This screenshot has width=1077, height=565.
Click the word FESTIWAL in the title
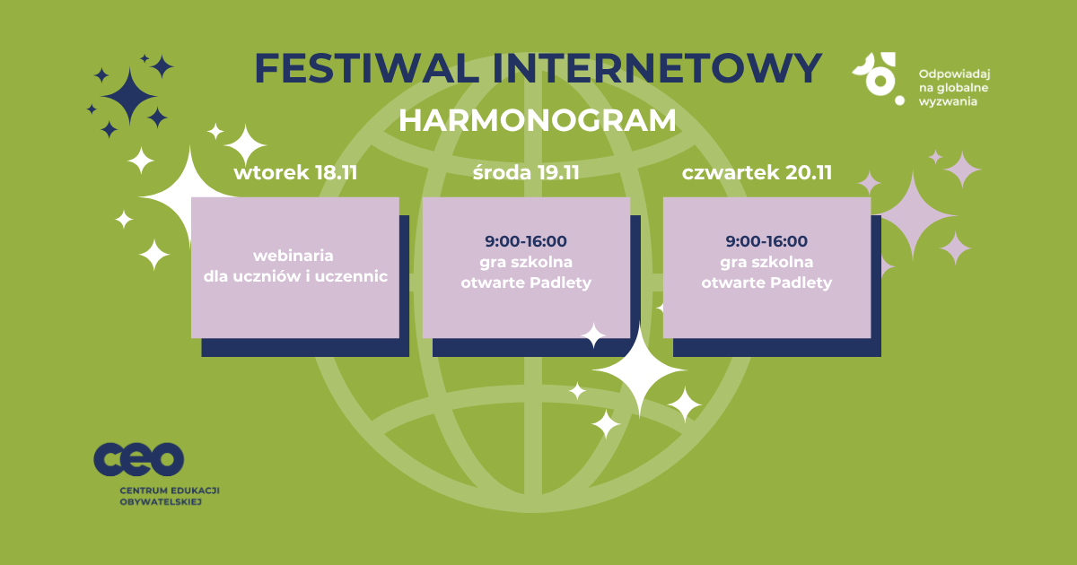pos(367,68)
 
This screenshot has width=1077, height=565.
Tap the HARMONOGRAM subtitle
pos(538,120)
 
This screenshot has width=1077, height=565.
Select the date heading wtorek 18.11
pos(295,173)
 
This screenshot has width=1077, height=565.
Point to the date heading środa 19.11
pos(526,172)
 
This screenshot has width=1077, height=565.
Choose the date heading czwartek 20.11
pos(757,173)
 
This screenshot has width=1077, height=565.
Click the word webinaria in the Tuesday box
pos(293,256)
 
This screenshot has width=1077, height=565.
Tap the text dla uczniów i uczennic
pos(295,276)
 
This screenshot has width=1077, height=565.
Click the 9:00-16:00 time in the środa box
pos(526,241)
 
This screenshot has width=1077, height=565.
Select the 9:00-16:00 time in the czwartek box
pos(766,241)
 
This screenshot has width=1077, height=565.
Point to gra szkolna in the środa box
pos(526,262)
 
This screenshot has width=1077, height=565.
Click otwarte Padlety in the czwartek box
pos(766,282)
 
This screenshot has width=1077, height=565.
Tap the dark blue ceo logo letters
pos(138,459)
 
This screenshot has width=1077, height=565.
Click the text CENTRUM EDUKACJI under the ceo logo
pos(170,491)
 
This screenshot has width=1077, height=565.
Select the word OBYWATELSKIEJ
pos(161,502)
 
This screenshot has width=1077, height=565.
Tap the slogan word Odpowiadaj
pos(954,74)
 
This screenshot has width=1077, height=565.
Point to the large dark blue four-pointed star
pos(129,97)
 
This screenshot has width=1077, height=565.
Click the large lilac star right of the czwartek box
pos(913,216)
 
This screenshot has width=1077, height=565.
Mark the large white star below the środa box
pos(639,370)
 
